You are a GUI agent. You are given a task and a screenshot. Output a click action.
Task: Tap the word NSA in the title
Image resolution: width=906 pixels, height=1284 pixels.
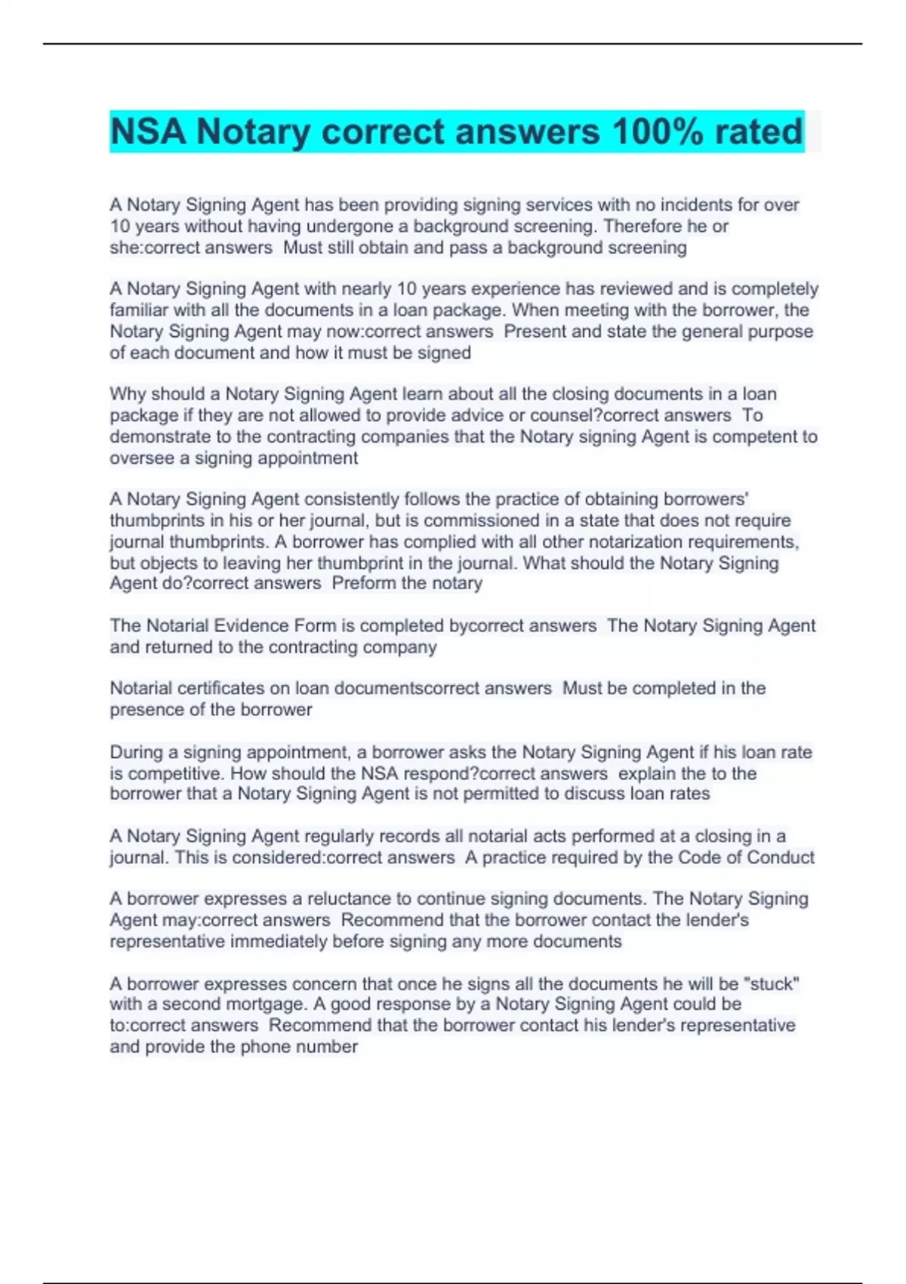tap(148, 131)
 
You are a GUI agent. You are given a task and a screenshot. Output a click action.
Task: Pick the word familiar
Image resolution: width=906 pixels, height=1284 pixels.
tap(138, 310)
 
